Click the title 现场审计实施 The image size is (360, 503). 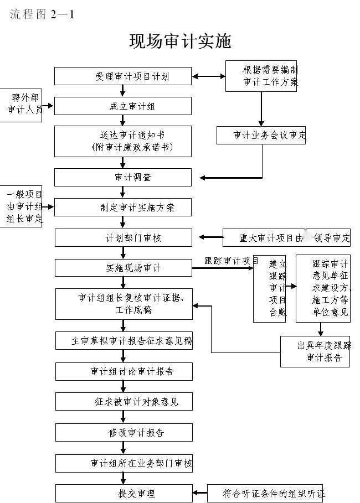[180, 41]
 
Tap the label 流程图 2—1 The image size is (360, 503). [42, 14]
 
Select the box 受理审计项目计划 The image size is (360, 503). [123, 76]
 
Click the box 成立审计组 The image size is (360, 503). [123, 106]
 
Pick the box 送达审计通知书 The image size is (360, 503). [123, 141]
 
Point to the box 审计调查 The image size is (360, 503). [123, 177]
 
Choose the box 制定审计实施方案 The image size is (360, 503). [123, 208]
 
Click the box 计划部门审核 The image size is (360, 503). [123, 238]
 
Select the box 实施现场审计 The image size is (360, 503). [123, 268]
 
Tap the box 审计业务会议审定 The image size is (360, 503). [261, 135]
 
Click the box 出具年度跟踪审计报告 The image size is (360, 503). [315, 351]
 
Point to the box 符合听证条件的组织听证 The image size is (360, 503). [266, 493]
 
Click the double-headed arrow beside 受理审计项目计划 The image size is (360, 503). [208, 76]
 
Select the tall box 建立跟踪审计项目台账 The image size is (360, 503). [270, 288]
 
